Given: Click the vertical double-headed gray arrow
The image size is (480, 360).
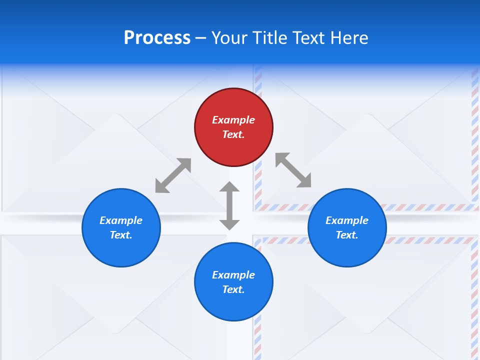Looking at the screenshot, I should tap(229, 205).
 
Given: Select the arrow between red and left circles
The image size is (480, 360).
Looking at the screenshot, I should tap(173, 175).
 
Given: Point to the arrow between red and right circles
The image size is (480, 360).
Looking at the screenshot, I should tap(293, 170).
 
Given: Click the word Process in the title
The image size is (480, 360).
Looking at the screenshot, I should tap(157, 38).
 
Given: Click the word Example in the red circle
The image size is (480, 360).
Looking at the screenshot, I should tap(233, 120).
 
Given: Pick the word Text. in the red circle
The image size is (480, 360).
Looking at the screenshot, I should tap(233, 134).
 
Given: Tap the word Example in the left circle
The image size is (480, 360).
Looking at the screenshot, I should tap(121, 220).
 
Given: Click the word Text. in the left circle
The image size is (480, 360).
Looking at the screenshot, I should tap(121, 235).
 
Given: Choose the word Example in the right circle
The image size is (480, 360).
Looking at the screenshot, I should tap(347, 220).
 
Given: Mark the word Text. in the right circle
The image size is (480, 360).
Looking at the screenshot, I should tap(347, 235).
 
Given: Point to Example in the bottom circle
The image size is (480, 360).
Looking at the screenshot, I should tap(233, 275).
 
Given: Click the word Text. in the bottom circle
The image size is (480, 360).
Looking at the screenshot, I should tap(233, 289).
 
